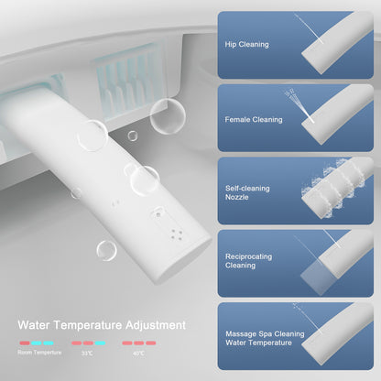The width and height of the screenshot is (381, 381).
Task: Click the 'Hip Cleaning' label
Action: tap(246, 45)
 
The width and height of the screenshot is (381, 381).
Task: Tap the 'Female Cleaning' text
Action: tap(254, 120)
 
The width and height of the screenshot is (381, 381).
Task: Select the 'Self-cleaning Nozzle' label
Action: tap(247, 192)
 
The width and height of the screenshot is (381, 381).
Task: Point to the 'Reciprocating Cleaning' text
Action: tap(248, 261)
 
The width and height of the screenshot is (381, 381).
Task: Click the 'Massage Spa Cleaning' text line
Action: tap(265, 333)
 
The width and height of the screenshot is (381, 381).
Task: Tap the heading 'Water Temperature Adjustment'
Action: tap(102, 325)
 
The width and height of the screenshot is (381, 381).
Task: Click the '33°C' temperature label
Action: tap(87, 354)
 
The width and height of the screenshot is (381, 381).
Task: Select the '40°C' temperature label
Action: tap(138, 354)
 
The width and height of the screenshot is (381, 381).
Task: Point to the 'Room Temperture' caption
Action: tap(39, 353)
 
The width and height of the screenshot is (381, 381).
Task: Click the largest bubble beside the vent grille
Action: tap(168, 116)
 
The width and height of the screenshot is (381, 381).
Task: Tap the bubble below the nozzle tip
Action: tap(106, 251)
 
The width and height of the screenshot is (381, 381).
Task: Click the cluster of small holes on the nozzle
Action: tap(177, 234)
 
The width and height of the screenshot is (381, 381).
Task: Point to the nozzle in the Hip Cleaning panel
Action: tap(337, 43)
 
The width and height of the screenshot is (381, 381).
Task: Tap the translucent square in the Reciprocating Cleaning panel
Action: tap(319, 278)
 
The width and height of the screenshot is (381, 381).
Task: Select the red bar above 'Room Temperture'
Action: tap(25, 343)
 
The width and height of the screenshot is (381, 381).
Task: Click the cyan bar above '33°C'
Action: tap(100, 343)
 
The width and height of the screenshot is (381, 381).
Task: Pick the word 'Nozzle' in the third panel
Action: tap(237, 197)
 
